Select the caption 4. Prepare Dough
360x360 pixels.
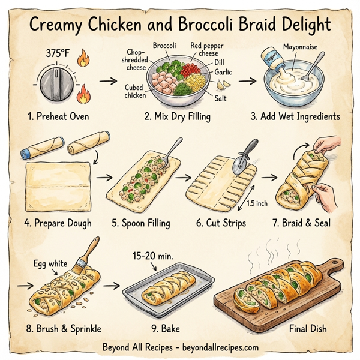point(58,223)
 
